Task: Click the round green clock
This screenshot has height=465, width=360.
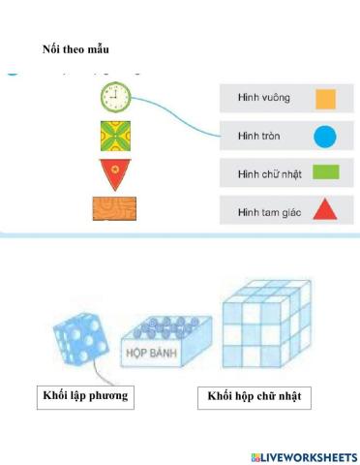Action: click(115, 96)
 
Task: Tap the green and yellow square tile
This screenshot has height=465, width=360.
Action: click(115, 136)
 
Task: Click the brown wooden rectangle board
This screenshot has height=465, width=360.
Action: click(114, 210)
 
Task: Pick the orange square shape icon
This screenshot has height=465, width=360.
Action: click(325, 98)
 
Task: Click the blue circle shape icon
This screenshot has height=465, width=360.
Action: click(325, 136)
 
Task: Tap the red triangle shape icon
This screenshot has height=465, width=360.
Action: click(325, 209)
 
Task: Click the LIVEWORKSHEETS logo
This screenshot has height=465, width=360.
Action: click(304, 455)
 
